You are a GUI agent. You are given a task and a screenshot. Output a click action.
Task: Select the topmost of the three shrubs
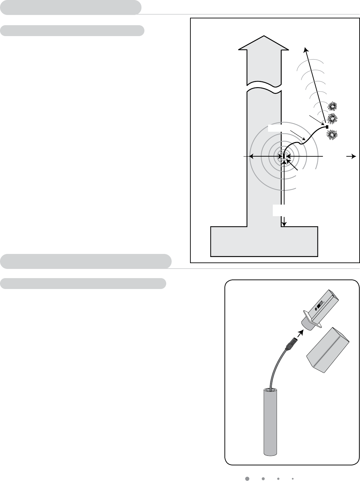point(332,106)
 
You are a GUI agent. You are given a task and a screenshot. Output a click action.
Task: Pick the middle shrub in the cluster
point(332,118)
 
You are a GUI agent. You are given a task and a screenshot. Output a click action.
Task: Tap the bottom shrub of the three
point(332,135)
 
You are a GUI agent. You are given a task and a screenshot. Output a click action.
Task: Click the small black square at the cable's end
point(327,127)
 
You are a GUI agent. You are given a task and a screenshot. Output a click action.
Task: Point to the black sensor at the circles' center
point(284,156)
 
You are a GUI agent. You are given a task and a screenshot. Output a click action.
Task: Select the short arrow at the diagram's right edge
point(351,156)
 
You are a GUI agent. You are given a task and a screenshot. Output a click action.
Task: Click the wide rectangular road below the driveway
point(264,241)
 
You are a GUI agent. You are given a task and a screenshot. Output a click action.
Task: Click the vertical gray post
point(270,422)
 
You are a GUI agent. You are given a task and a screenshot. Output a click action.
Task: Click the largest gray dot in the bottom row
point(248,478)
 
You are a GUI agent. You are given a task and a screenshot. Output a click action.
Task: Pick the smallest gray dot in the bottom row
point(293,478)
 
